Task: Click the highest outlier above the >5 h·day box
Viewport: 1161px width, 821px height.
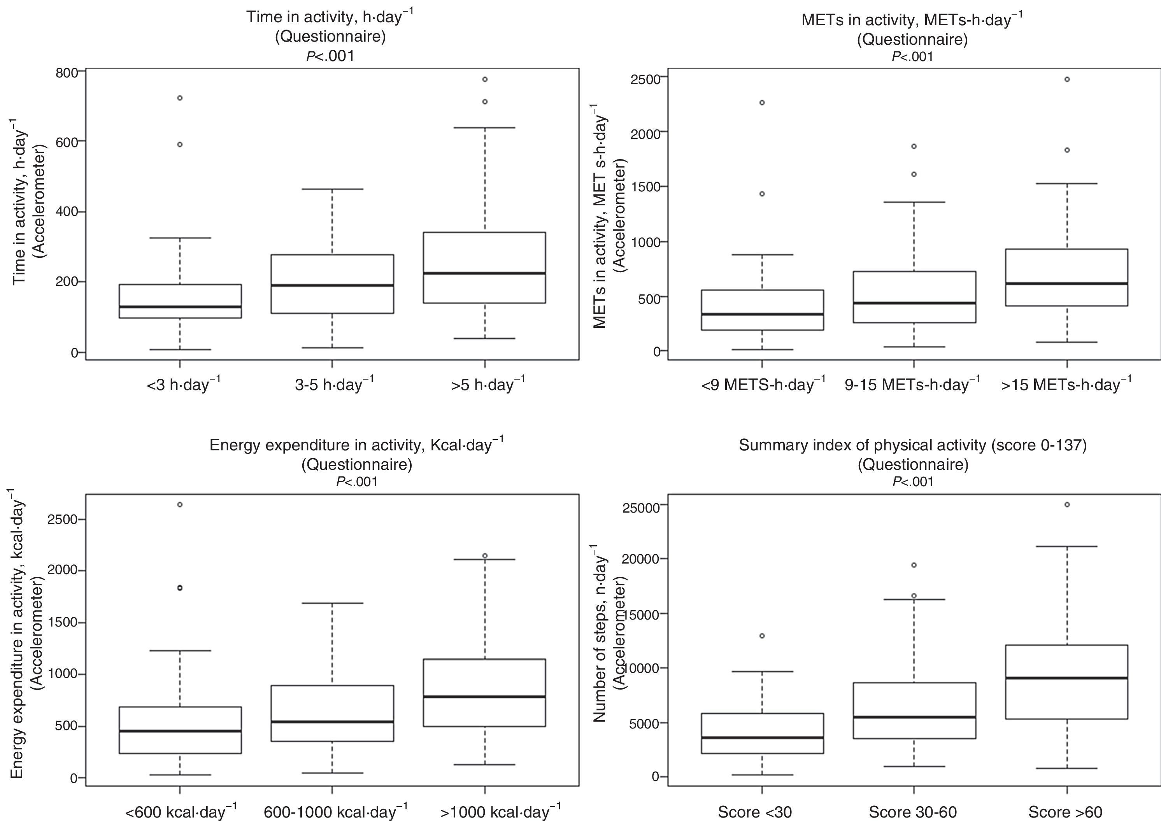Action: click(x=485, y=79)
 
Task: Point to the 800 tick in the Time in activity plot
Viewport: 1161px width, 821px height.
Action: click(x=67, y=72)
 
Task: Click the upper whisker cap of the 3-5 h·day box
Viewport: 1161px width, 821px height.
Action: click(x=332, y=189)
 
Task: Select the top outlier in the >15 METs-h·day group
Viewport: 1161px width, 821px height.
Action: click(x=1067, y=79)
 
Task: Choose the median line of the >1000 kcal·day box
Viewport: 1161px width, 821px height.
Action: click(x=485, y=697)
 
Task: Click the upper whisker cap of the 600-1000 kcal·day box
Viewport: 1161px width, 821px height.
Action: click(x=332, y=603)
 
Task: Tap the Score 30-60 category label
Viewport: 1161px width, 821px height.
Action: click(x=913, y=812)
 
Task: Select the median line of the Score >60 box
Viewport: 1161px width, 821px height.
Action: click(x=1067, y=678)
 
